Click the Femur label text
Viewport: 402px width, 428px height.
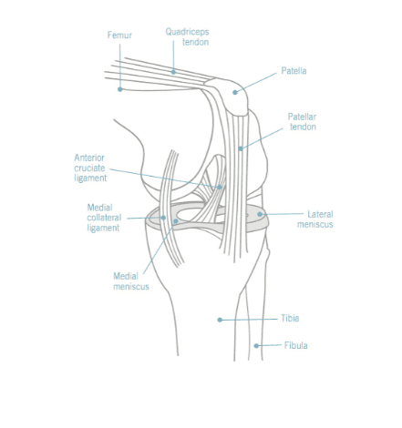(x=119, y=35)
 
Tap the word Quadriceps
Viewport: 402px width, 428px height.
(x=187, y=32)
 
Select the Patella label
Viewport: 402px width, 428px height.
(x=294, y=71)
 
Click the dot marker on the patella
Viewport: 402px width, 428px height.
(x=235, y=92)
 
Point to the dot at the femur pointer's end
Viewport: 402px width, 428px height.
(x=120, y=89)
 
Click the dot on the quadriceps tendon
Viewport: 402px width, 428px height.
(x=173, y=72)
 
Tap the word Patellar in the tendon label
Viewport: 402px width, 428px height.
(x=302, y=117)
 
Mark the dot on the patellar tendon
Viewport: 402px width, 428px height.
(x=241, y=148)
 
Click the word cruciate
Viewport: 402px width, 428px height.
(x=89, y=168)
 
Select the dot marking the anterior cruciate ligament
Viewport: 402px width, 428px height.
(x=220, y=187)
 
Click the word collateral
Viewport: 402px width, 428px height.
(x=104, y=218)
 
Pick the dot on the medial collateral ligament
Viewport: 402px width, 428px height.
(x=163, y=218)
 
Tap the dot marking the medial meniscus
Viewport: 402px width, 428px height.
(x=176, y=221)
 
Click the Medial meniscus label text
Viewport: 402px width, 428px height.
(x=131, y=281)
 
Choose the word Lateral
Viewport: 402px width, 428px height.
(x=320, y=214)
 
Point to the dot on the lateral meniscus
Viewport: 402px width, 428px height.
(x=260, y=214)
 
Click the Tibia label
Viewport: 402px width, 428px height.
(x=290, y=318)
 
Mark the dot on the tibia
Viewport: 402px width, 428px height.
(x=220, y=320)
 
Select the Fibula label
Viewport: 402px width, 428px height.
(x=295, y=345)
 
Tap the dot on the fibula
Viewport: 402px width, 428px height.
(x=256, y=346)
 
